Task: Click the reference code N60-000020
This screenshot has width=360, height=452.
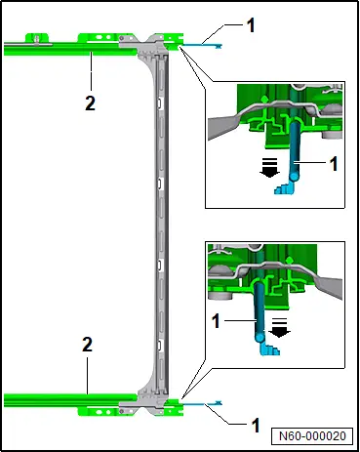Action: pos(312,435)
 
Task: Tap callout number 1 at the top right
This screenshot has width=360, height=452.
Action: pos(251,25)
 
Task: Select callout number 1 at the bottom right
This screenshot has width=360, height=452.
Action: pos(257,426)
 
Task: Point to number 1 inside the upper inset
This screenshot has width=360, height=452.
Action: pos(334,164)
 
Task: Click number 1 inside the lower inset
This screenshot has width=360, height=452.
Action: pos(216,321)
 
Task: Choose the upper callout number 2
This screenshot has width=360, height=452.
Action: pos(90,103)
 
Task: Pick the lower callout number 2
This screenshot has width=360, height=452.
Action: pos(87,345)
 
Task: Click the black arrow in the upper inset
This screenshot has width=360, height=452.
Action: pos(270,168)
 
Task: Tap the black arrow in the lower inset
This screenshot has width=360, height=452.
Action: pos(279,327)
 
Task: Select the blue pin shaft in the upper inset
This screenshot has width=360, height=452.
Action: pos(295,149)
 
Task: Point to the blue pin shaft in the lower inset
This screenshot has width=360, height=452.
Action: pos(260,311)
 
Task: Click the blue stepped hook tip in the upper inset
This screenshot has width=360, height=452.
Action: pos(284,188)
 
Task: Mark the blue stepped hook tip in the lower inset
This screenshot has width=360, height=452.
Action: pos(270,349)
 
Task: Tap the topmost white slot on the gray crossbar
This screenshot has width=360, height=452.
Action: pos(160,103)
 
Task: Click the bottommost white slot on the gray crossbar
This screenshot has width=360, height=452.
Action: pos(160,346)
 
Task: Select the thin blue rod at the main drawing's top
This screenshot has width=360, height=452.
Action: pos(201,45)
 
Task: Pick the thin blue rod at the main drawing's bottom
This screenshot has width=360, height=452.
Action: pos(201,403)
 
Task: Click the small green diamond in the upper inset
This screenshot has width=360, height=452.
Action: pos(264,98)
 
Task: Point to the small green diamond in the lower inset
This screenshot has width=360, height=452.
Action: pos(289,260)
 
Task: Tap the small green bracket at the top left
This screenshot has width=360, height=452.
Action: pos(37,38)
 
